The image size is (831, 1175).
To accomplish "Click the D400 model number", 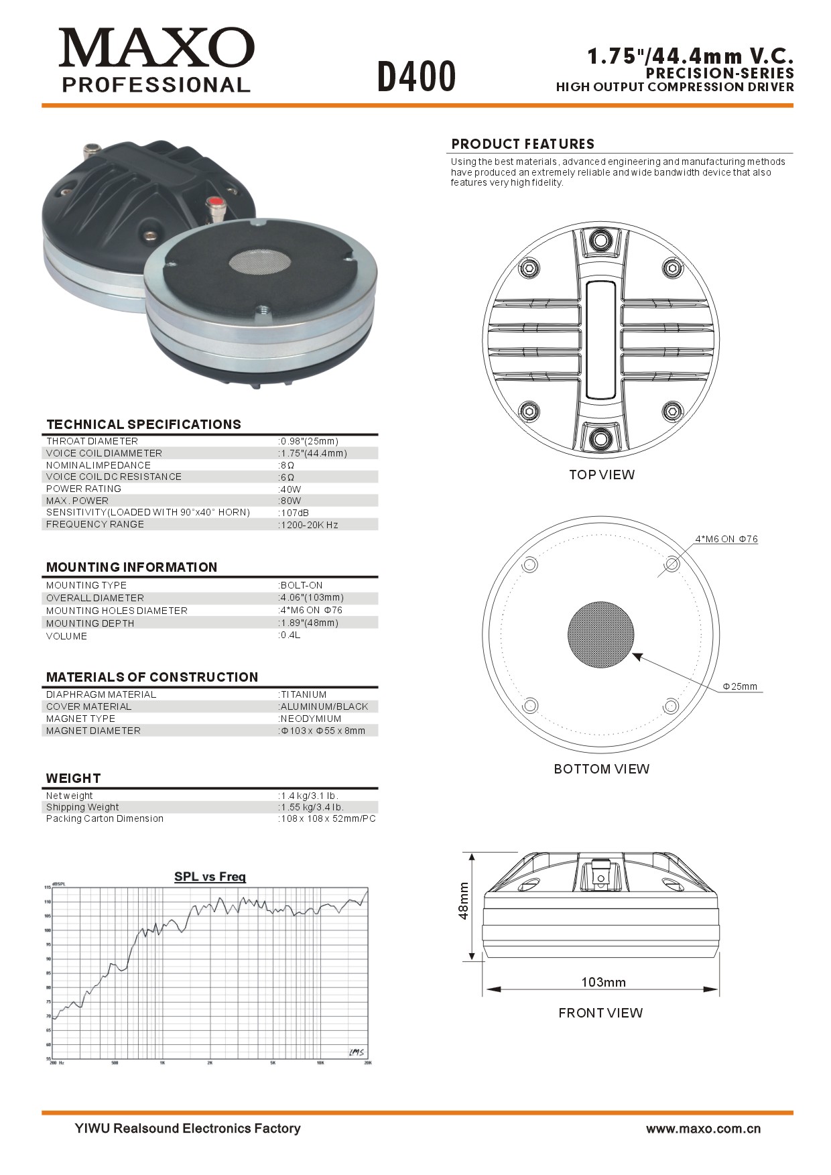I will coord(416,76).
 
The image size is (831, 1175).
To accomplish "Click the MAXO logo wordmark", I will coord(156,48).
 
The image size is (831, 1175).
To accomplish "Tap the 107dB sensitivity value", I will coord(294,513).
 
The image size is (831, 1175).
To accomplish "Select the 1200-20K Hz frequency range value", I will coord(309,525).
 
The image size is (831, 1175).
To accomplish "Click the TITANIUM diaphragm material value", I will coord(304,694).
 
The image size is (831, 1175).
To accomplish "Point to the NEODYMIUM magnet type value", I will coord(310,719).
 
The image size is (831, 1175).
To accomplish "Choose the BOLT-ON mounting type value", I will coord(302,585).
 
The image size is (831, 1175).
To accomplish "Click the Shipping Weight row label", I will coord(82,807).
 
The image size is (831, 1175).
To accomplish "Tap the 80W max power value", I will coord(291,501).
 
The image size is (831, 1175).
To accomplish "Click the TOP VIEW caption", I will coord(601,475).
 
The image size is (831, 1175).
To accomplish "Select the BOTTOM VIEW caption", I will coord(601,769).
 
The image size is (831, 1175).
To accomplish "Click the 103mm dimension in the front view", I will coord(603,982).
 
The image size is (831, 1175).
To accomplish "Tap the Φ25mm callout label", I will coord(740,686).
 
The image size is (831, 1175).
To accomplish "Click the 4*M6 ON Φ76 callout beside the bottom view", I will coord(726,539).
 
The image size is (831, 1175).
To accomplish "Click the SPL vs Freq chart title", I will coord(210,877).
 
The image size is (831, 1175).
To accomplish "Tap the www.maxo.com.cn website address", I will coord(703,1129).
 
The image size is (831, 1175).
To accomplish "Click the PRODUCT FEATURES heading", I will coord(523,144).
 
